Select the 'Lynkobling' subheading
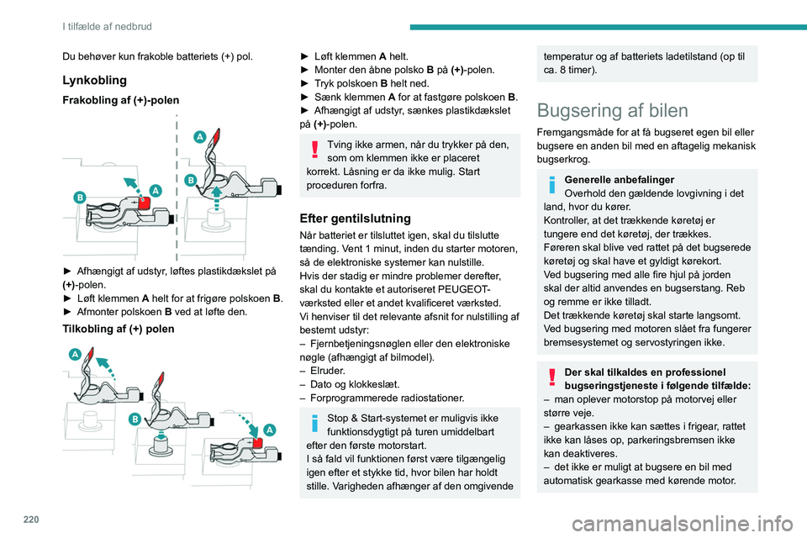tap(95, 80)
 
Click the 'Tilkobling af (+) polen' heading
tap(119, 329)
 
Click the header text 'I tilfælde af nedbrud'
tap(107, 26)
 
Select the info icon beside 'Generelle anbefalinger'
tap(552, 185)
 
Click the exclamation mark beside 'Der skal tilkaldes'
tap(552, 377)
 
